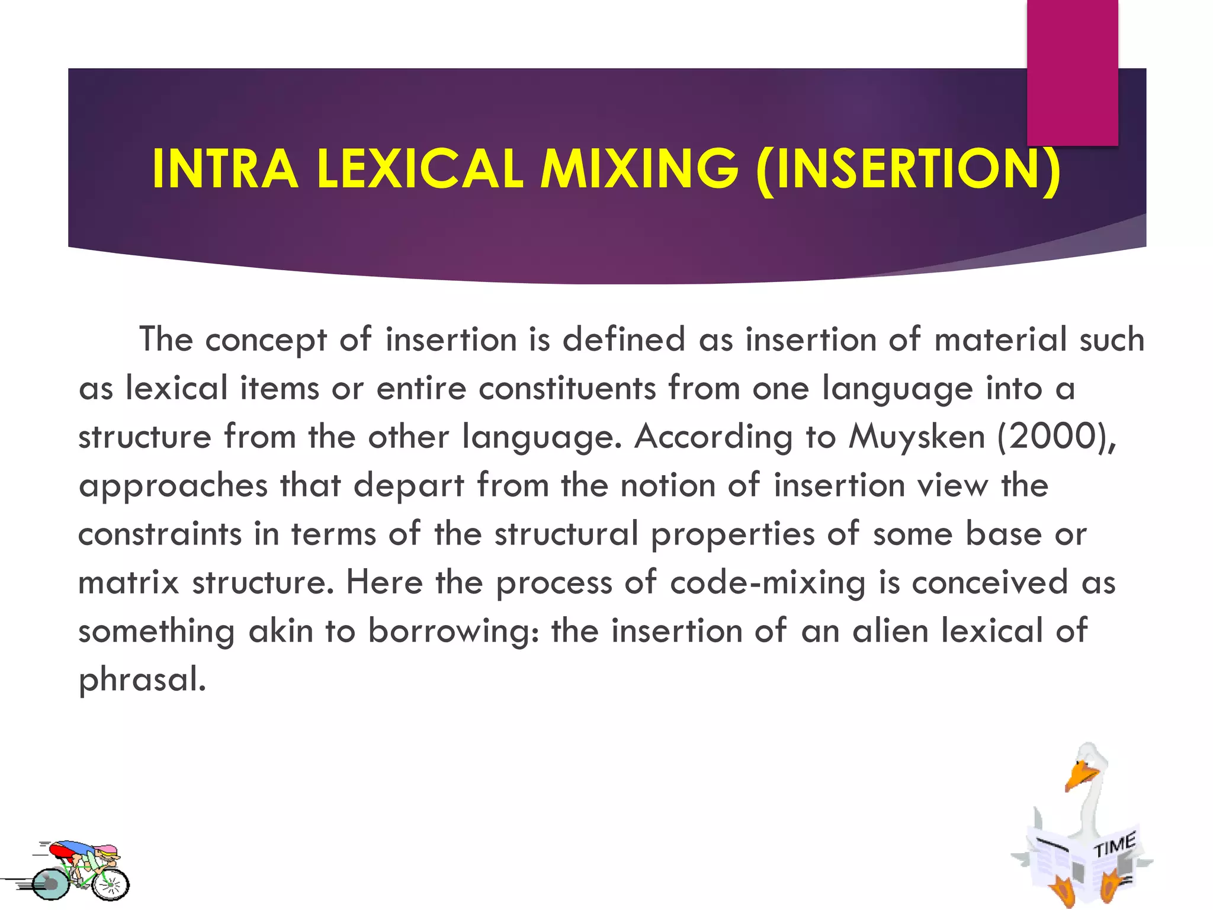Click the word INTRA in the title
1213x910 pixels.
tap(225, 169)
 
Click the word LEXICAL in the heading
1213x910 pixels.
tap(420, 169)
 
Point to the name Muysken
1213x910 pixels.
tap(916, 437)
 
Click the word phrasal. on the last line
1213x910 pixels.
tap(142, 680)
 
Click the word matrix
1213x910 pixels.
tap(129, 582)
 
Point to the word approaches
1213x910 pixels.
tap(173, 486)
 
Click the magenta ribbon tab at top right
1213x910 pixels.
tap(1072, 71)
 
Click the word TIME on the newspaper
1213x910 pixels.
tap(1113, 844)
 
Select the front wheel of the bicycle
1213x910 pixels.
tap(111, 885)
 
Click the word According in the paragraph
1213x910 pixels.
tap(713, 437)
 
